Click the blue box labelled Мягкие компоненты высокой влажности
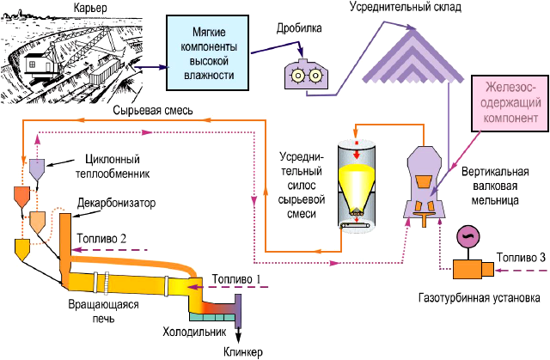pos(208,52)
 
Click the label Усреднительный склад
pos(405,7)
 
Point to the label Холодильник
pos(193,331)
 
